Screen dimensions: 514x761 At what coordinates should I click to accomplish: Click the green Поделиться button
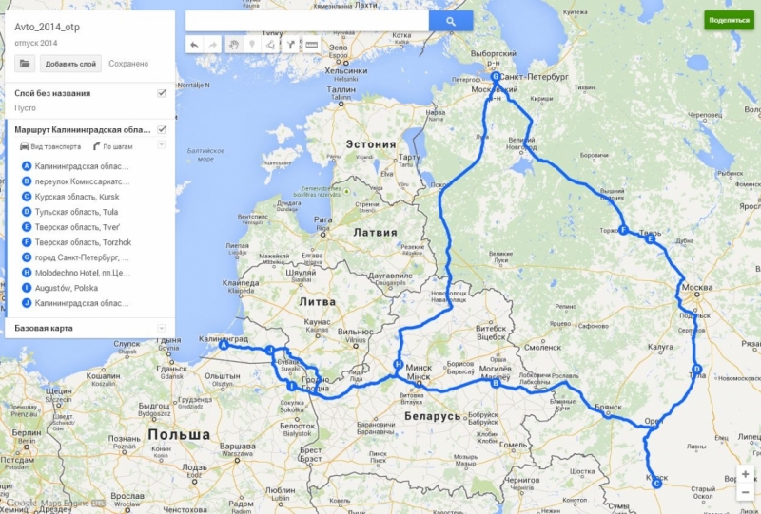pyautogui.click(x=728, y=20)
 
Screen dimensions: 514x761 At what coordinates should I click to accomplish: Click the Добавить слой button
pyautogui.click(x=70, y=64)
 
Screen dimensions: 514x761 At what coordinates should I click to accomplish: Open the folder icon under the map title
pyautogui.click(x=25, y=64)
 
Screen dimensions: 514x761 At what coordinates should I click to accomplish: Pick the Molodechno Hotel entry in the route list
pyautogui.click(x=81, y=272)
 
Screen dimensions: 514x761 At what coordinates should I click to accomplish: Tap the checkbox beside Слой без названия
pyautogui.click(x=162, y=93)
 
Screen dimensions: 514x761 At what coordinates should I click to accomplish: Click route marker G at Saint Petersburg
pyautogui.click(x=496, y=76)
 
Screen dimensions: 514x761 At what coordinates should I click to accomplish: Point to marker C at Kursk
pyautogui.click(x=656, y=484)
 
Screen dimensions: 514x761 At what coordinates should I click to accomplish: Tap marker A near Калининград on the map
pyautogui.click(x=224, y=347)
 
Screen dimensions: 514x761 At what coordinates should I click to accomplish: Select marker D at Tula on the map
pyautogui.click(x=696, y=370)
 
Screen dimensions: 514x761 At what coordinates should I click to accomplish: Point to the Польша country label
pyautogui.click(x=179, y=434)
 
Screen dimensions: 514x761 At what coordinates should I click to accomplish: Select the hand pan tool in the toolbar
pyautogui.click(x=232, y=44)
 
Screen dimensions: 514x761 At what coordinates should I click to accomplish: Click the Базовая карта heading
pyautogui.click(x=44, y=328)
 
